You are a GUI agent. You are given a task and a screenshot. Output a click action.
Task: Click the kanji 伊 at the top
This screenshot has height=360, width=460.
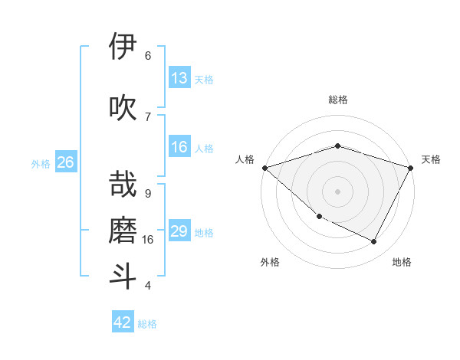click(x=123, y=47)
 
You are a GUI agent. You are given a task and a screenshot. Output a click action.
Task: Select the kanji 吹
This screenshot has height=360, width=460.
click(x=123, y=107)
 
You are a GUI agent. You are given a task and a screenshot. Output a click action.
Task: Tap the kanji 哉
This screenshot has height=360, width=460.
click(x=123, y=185)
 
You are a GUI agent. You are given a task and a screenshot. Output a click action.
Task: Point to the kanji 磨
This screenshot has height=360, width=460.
click(x=123, y=229)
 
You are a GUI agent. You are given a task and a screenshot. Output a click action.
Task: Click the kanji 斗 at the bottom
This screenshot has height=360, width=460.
click(x=123, y=276)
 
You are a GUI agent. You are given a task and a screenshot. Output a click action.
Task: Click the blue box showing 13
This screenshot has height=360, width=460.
click(x=179, y=78)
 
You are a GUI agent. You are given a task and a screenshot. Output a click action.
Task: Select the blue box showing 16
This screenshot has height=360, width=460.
click(x=179, y=147)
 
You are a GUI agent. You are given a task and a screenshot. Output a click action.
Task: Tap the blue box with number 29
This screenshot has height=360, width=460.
click(x=179, y=231)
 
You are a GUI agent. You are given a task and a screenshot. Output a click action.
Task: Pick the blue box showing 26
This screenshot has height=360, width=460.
click(x=65, y=162)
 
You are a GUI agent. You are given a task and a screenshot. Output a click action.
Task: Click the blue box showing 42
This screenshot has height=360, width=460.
click(x=123, y=322)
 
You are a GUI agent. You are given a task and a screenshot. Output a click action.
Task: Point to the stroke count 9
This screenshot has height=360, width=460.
click(x=147, y=193)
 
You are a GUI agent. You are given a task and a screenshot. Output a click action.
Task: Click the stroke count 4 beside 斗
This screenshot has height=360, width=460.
click(x=147, y=286)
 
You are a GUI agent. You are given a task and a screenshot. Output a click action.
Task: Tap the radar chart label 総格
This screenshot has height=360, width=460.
click(x=337, y=100)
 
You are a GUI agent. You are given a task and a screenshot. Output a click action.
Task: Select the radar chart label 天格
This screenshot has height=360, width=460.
click(x=431, y=159)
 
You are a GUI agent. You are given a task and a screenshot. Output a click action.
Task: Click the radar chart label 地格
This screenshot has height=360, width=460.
click(x=402, y=262)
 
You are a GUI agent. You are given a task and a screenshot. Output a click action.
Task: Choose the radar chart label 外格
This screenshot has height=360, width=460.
click(x=270, y=262)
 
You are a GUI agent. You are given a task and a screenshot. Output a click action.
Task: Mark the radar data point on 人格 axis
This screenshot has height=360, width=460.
click(x=264, y=167)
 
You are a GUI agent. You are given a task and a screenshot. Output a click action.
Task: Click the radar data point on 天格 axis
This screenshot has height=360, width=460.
click(x=411, y=167)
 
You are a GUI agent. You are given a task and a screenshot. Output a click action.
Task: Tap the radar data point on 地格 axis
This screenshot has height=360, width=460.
click(x=374, y=241)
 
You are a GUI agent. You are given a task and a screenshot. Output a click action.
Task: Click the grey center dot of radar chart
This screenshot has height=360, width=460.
click(x=337, y=191)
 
